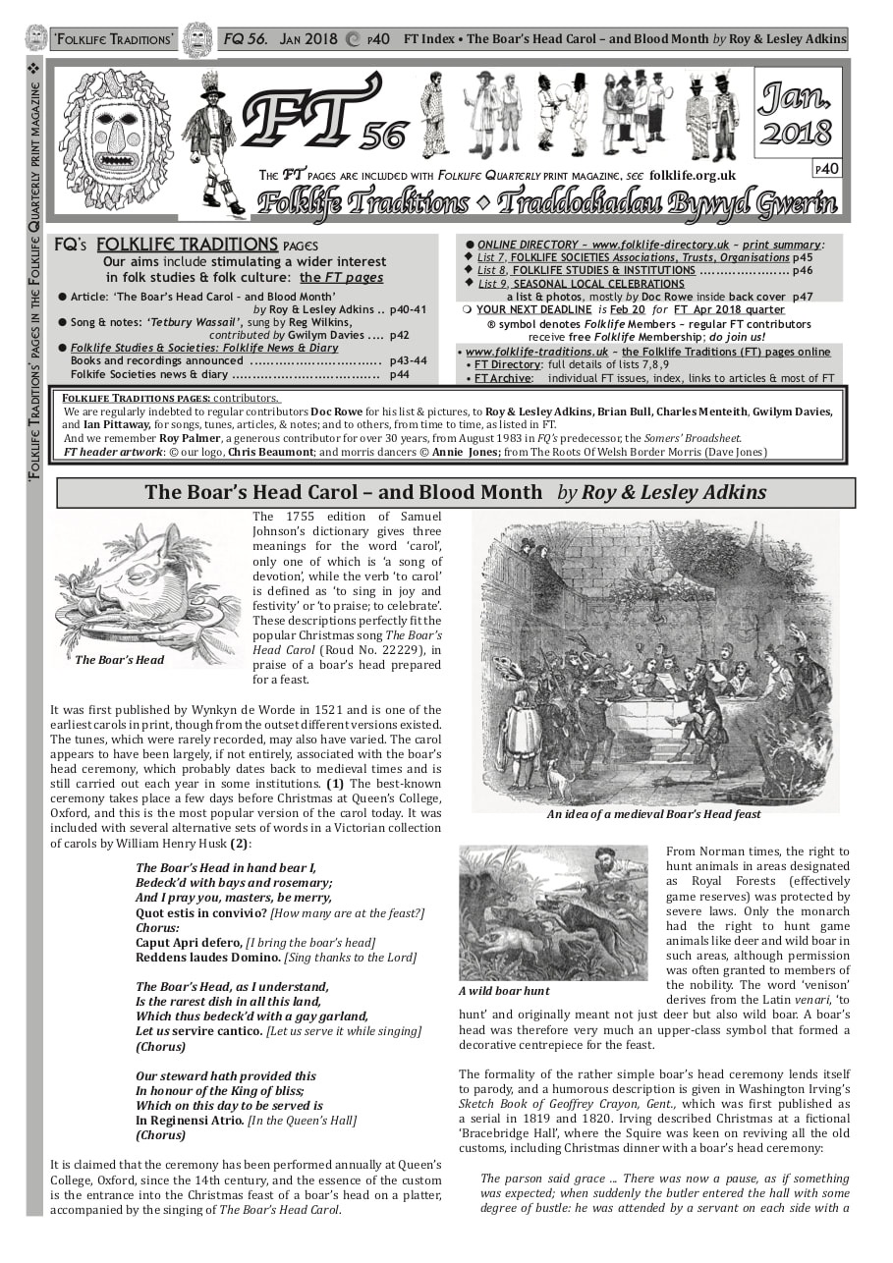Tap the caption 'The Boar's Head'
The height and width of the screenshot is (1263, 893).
tap(120, 660)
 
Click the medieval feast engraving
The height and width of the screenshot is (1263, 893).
tap(654, 658)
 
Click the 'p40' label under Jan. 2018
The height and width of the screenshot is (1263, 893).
tap(826, 169)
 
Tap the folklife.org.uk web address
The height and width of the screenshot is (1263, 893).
tap(693, 175)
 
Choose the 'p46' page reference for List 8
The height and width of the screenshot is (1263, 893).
tap(802, 270)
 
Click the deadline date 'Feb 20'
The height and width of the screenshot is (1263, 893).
tap(627, 309)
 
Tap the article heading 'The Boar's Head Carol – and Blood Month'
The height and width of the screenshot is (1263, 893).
tap(343, 492)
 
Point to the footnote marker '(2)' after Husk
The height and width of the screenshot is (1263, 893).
tap(240, 844)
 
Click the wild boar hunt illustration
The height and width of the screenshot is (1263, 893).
tap(553, 913)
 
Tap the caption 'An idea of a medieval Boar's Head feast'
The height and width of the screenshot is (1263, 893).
tap(653, 814)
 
